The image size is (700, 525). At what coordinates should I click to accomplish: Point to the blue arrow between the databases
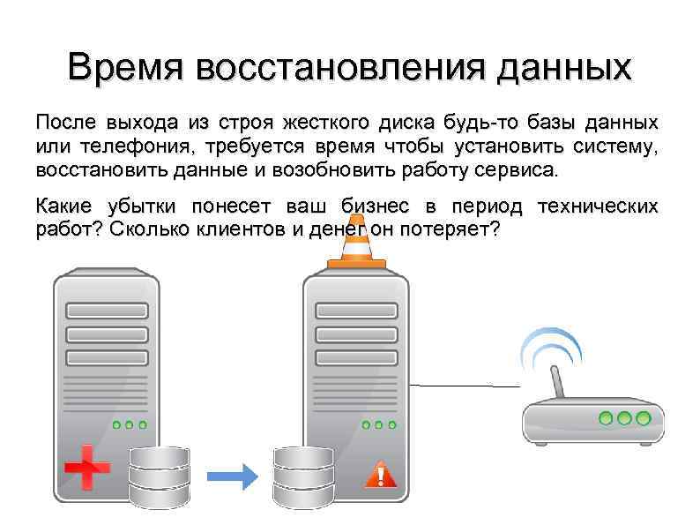pyautogui.click(x=232, y=476)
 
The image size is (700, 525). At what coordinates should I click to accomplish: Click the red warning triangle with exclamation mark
pyautogui.click(x=381, y=474)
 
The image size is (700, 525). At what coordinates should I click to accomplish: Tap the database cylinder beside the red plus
pyautogui.click(x=159, y=476)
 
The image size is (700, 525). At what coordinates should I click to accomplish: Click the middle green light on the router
pyautogui.click(x=625, y=416)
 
